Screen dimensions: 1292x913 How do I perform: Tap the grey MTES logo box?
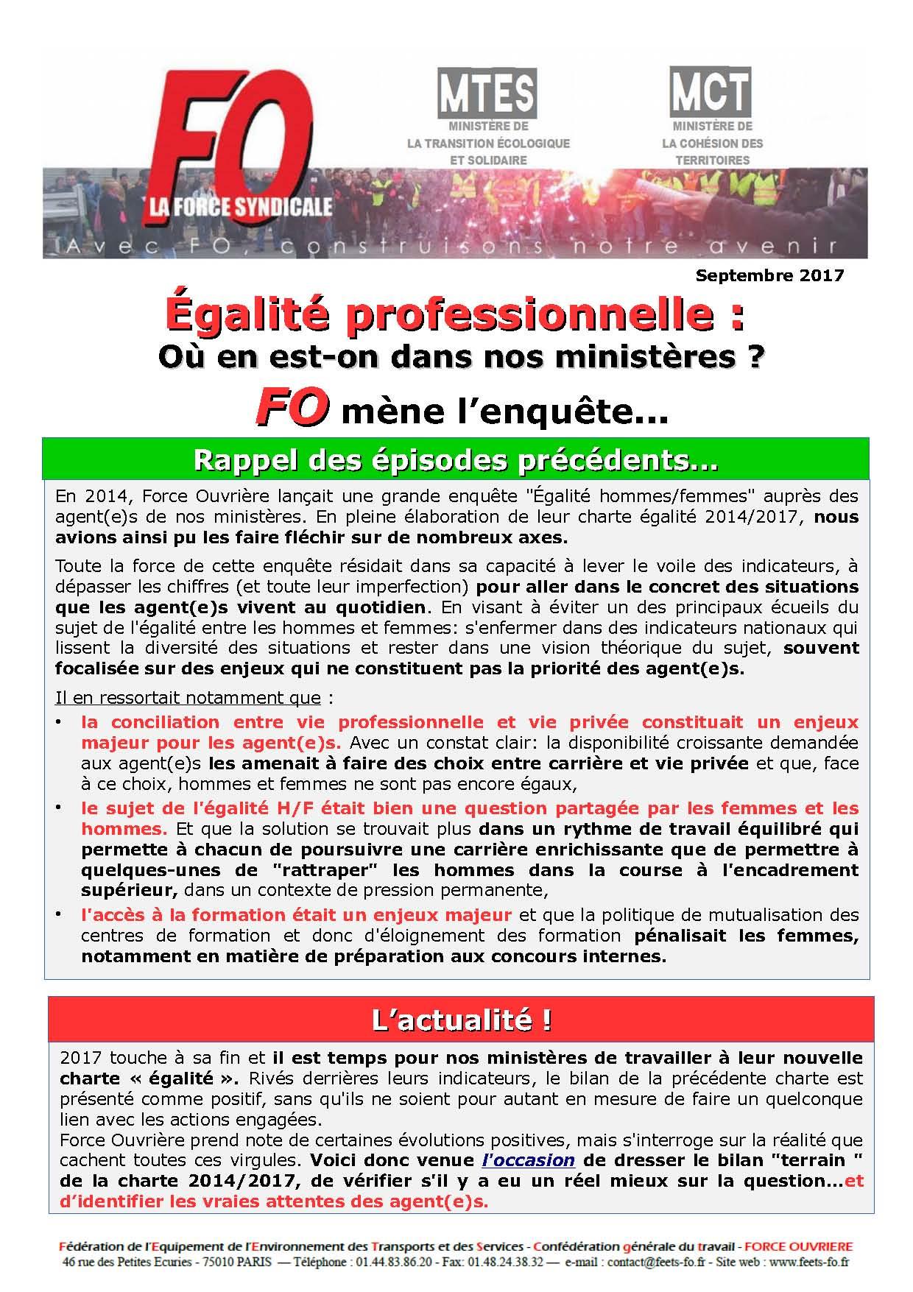tap(487, 93)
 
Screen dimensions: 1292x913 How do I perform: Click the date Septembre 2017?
tap(769, 276)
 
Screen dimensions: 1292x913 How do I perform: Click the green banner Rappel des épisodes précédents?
tap(456, 459)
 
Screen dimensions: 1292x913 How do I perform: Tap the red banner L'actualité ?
tap(461, 1020)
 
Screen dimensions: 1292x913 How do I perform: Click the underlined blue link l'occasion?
tap(527, 1160)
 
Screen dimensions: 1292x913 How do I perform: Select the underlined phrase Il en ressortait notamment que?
tap(188, 698)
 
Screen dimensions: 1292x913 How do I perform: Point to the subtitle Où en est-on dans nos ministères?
tap(460, 359)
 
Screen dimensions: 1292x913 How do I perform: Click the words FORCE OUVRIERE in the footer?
tap(799, 1247)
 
